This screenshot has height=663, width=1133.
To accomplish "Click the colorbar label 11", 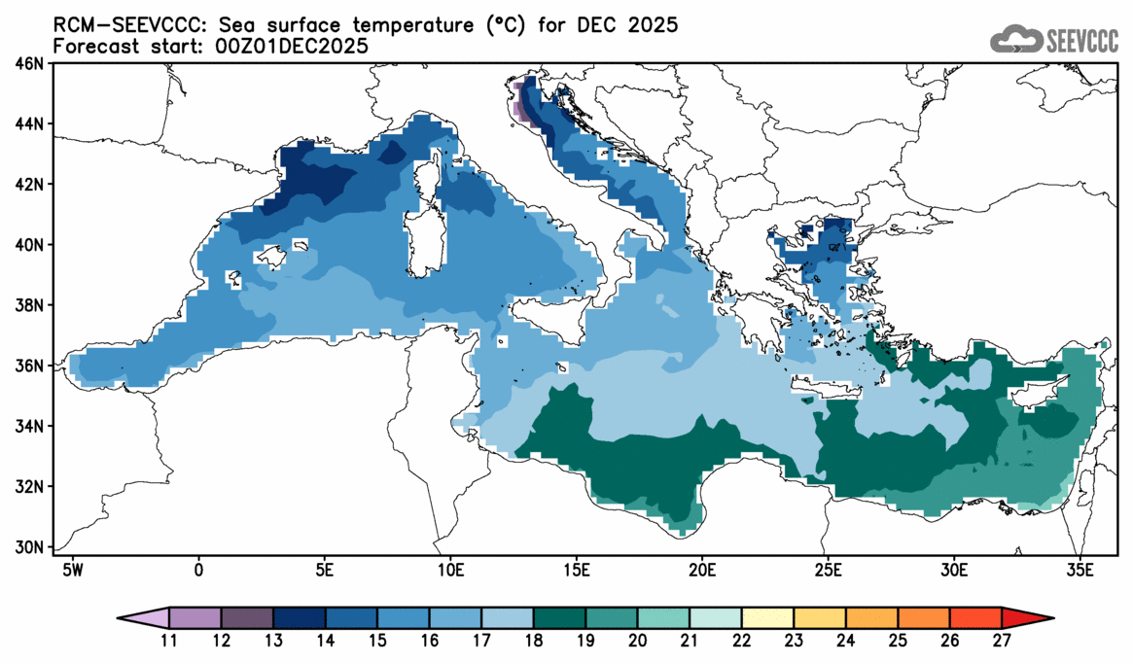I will coord(168,640).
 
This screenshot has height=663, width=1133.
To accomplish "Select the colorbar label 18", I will coord(533,640).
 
